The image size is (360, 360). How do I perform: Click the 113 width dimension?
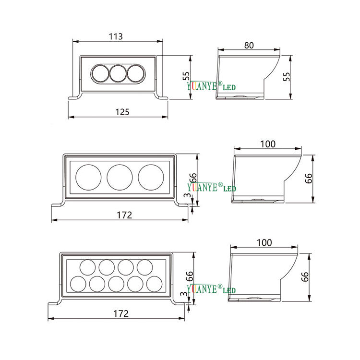116,36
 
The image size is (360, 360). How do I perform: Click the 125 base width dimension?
123,111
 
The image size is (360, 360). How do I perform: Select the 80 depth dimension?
249,45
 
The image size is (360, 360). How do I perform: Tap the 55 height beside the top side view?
287,77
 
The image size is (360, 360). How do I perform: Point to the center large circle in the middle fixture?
120,176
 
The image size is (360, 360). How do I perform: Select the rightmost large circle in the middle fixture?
151,176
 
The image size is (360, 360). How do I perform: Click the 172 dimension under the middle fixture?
124,215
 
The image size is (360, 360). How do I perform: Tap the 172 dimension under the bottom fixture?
121,313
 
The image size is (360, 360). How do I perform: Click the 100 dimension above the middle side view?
268,144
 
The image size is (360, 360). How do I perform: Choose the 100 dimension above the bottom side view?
264,242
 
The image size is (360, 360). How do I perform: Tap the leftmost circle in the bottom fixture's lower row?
79,283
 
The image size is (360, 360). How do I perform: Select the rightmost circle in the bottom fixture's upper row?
144,267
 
